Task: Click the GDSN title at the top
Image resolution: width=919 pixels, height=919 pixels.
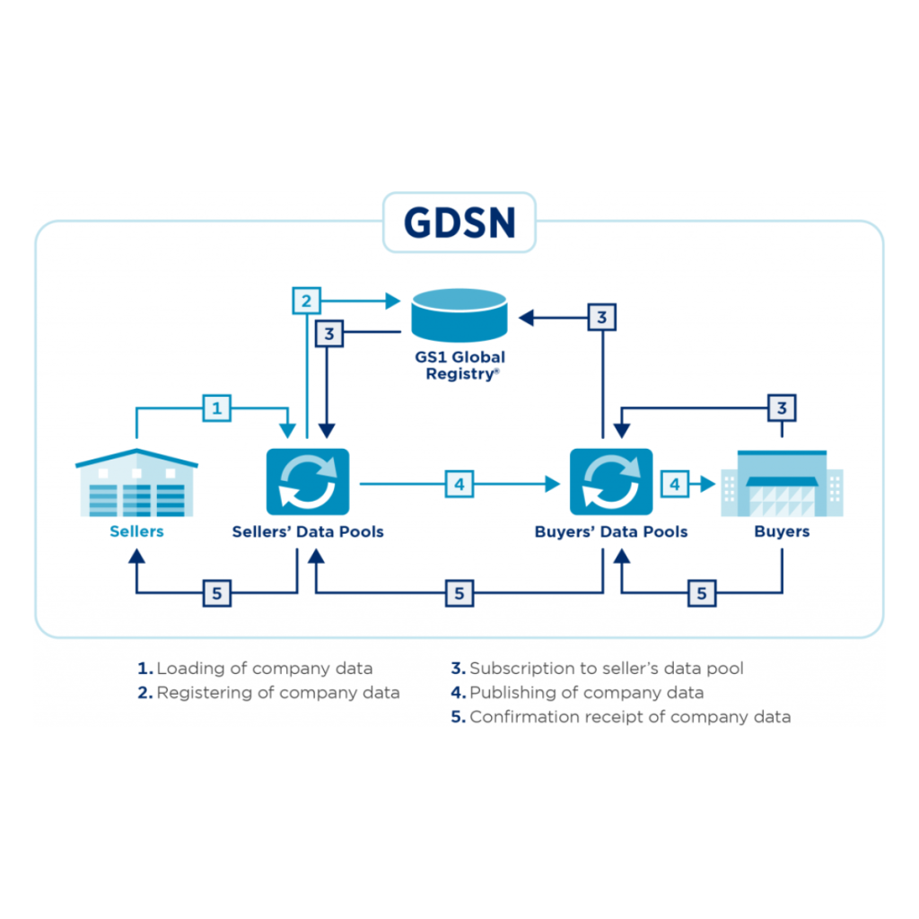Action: [x=459, y=223]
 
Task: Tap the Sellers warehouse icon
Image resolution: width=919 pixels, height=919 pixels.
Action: [x=136, y=484]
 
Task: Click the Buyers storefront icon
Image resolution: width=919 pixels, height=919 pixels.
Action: [x=782, y=484]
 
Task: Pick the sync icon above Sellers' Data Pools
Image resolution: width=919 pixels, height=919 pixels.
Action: [x=308, y=483]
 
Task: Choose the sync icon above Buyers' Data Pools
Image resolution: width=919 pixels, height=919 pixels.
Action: [x=611, y=483]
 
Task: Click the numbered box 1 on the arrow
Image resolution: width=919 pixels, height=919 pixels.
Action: [x=216, y=409]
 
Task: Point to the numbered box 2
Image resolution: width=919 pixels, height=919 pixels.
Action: [x=307, y=301]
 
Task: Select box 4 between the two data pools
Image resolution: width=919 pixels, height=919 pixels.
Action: [x=459, y=485]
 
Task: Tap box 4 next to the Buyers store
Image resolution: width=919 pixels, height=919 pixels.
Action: [x=675, y=485]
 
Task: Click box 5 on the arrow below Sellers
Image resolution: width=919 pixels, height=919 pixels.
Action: [x=216, y=592]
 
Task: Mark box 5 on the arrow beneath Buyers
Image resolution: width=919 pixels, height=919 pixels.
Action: [x=702, y=592]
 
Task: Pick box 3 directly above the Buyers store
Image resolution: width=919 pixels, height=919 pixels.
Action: [x=782, y=408]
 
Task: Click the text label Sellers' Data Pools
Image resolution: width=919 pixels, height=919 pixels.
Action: [x=308, y=531]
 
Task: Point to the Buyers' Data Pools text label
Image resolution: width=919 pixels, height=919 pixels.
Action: [x=611, y=531]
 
